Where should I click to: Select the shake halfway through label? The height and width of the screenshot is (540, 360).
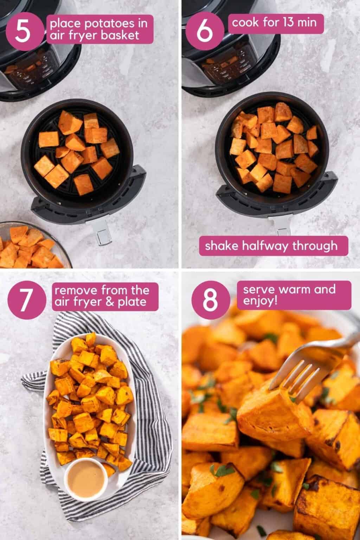pyautogui.click(x=271, y=245)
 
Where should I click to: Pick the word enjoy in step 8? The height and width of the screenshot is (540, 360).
pyautogui.click(x=260, y=301)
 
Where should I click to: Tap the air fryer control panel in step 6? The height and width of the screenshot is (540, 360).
pyautogui.click(x=218, y=69)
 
